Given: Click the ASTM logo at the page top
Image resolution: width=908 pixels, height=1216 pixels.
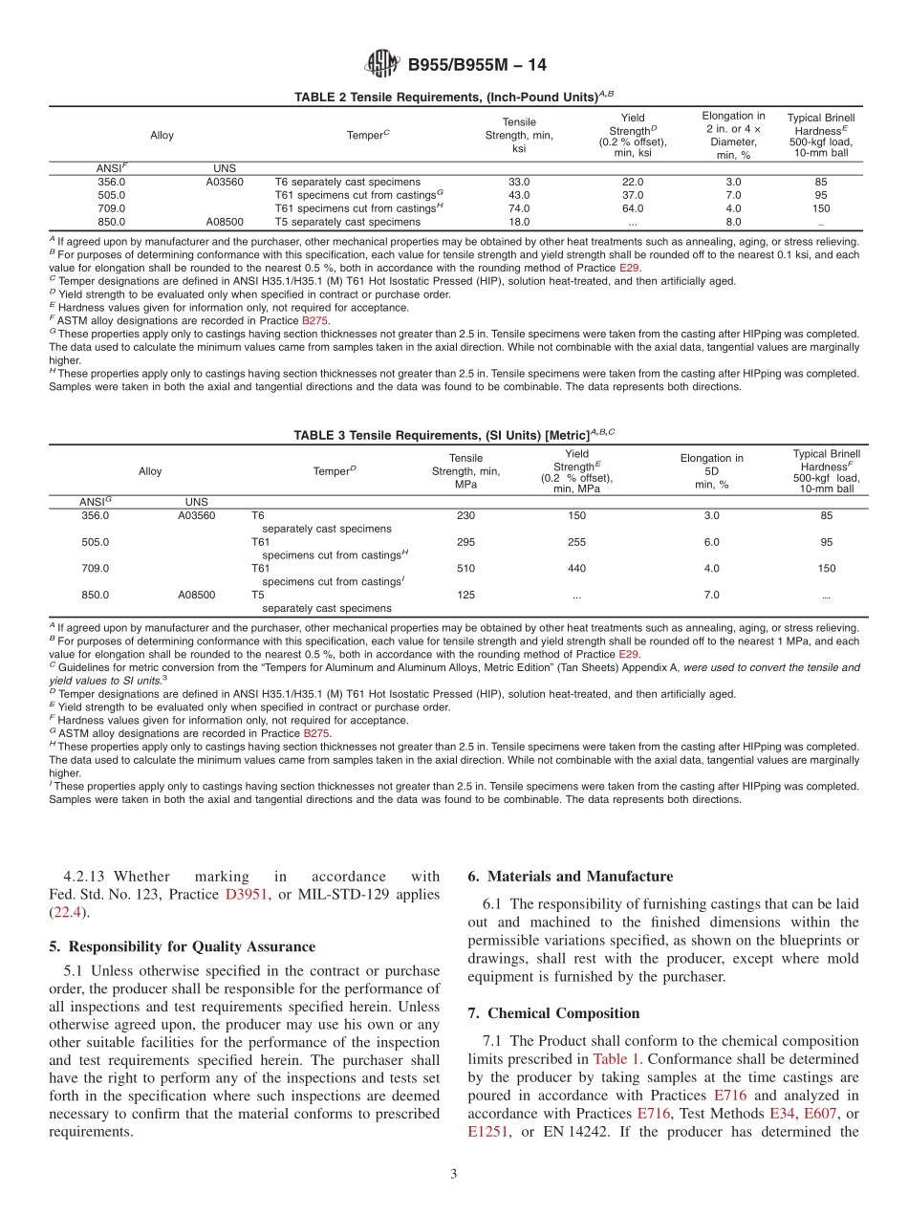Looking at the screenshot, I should coord(382,65).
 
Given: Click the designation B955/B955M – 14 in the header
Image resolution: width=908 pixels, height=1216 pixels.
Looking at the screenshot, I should coord(477,66).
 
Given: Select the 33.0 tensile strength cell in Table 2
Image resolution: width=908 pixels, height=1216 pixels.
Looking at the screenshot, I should coord(519,182).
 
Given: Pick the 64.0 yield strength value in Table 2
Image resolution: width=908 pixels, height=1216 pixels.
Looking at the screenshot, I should coord(633,208).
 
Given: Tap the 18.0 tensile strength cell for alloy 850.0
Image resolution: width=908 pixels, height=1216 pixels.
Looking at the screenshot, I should coord(519,222).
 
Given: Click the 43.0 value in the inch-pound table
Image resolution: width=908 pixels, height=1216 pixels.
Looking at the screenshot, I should coord(519,195).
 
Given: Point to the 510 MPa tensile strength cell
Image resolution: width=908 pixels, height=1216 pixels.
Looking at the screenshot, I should coord(465,568).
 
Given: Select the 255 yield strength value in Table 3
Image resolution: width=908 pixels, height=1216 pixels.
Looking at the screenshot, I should coord(576,542).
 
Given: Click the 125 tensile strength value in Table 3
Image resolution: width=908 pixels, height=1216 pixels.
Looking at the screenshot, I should coord(465,595).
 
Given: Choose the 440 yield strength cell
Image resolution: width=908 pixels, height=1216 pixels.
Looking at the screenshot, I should coord(576,568).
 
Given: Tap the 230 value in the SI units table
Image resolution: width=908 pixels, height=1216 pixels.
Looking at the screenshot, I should coord(465,515).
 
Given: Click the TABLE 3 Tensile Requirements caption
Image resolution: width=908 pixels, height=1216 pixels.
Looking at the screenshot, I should coord(454,434).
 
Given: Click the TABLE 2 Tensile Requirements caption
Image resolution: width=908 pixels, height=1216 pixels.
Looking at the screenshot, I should coord(454,97).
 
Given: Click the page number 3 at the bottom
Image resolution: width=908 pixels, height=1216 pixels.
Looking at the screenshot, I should coord(454,1174).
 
